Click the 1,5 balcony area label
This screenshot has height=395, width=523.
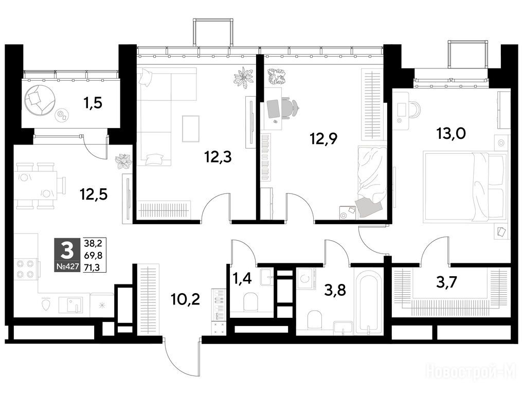[93, 103]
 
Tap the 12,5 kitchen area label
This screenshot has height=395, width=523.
[94, 194]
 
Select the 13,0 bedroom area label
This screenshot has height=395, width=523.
[451, 134]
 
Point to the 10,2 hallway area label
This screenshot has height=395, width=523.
[185, 299]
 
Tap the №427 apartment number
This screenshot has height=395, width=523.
[68, 266]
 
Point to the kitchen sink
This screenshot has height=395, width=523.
[71, 304]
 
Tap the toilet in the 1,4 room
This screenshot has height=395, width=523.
[250, 301]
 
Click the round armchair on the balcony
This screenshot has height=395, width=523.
[40, 99]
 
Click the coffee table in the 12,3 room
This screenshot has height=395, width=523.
[191, 129]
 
